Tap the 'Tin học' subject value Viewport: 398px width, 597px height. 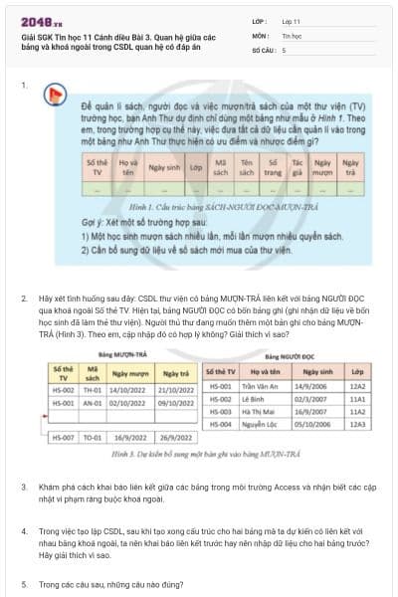click(x=291, y=35)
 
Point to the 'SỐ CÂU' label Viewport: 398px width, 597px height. click(x=264, y=49)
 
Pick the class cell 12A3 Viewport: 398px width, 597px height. click(x=357, y=423)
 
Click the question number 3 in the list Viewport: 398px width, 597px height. click(x=24, y=487)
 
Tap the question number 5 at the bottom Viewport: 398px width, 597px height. click(x=24, y=584)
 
